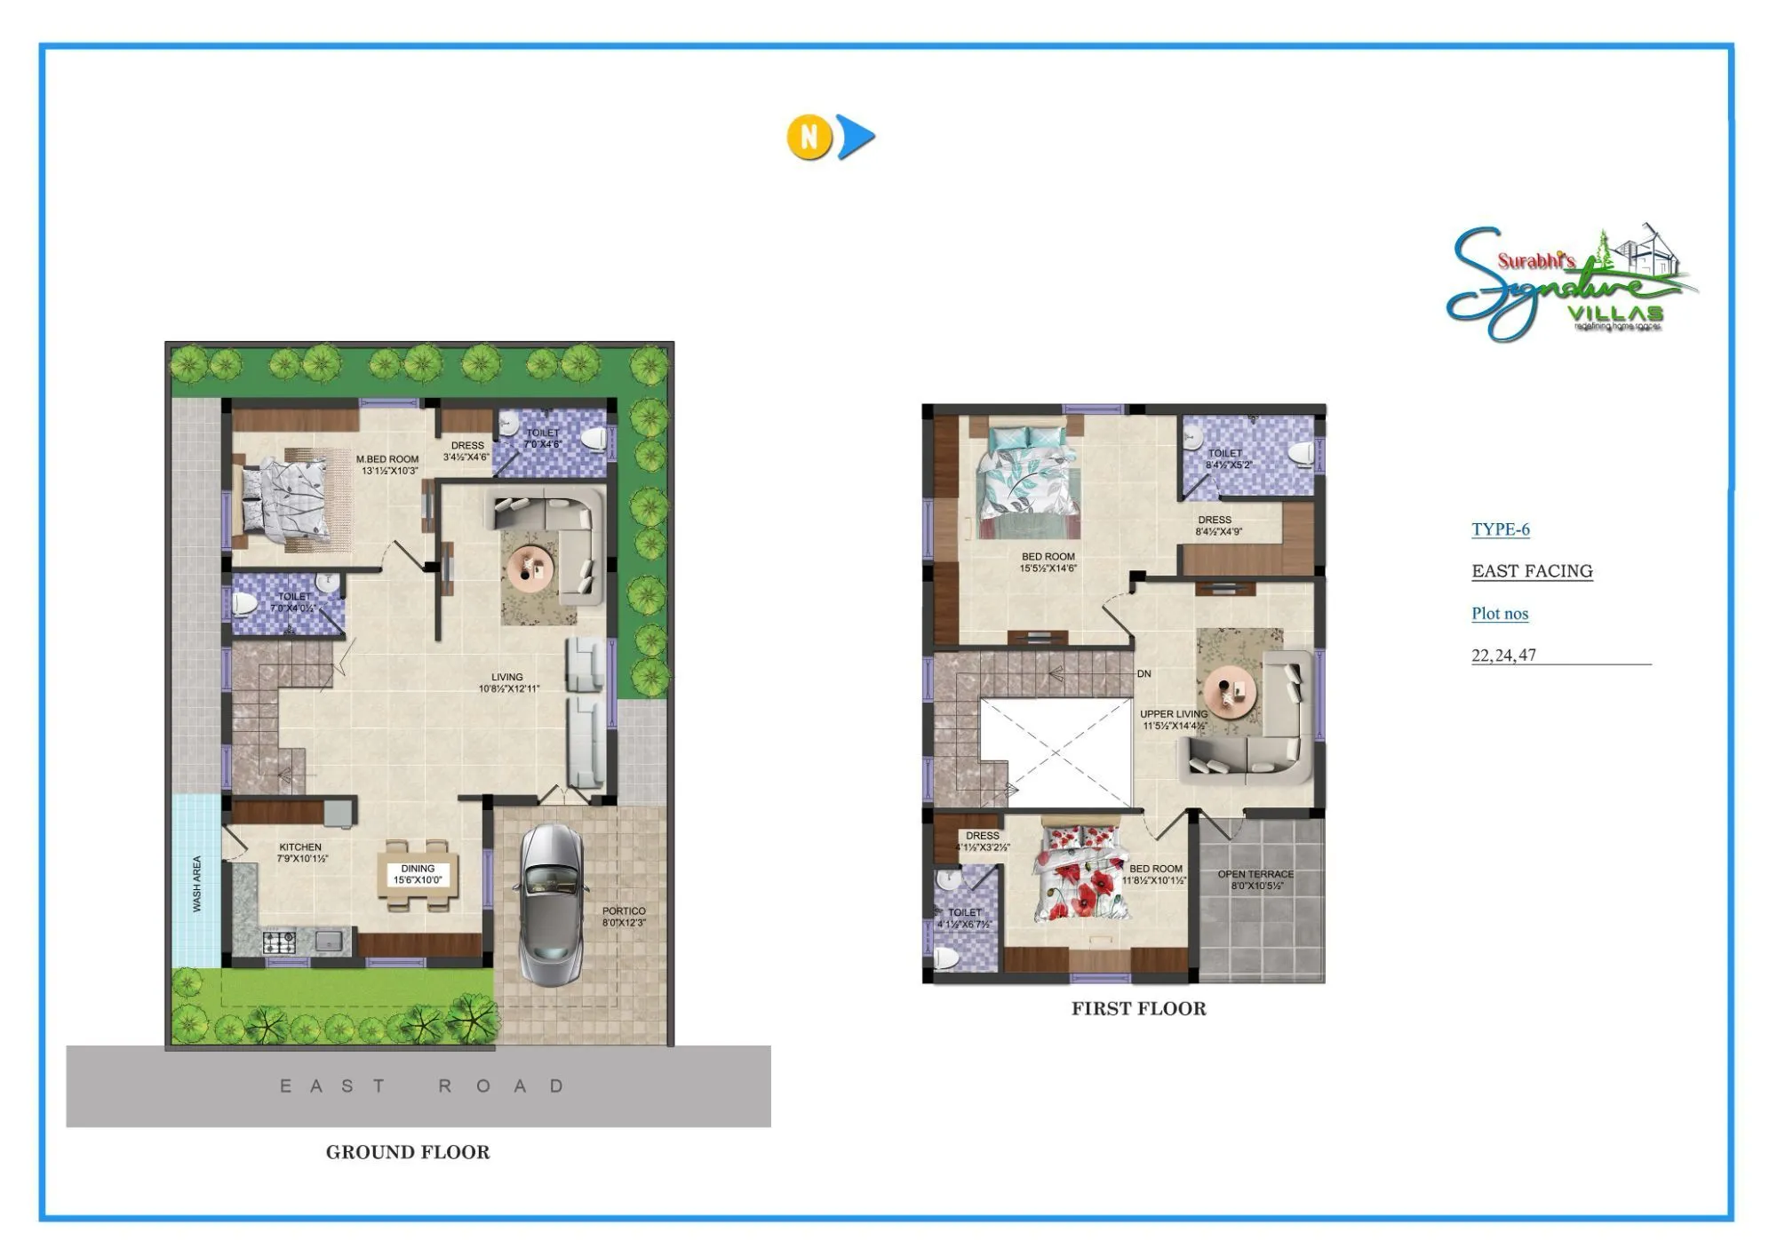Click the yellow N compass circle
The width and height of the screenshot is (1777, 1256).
[x=809, y=137]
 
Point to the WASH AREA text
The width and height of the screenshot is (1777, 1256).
[x=197, y=884]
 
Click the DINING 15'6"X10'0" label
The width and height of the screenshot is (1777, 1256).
[x=418, y=874]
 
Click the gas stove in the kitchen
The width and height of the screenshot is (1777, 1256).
[x=280, y=942]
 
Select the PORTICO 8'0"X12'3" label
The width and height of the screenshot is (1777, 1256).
[x=624, y=917]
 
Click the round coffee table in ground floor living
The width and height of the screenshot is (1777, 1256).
[x=530, y=566]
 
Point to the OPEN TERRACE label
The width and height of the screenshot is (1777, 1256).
[x=1255, y=879]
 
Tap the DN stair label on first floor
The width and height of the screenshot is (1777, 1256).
[x=1143, y=673]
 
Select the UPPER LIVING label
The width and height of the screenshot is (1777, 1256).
[x=1174, y=719]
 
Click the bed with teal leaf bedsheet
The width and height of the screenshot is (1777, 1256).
[x=1028, y=481]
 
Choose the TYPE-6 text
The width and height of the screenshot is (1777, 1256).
[x=1500, y=529]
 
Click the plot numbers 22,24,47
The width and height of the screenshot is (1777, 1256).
[x=1503, y=656]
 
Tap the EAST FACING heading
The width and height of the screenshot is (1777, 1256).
[x=1532, y=571]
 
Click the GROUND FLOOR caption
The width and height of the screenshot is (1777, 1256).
[x=408, y=1152]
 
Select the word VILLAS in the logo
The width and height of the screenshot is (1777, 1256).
[x=1614, y=314]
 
